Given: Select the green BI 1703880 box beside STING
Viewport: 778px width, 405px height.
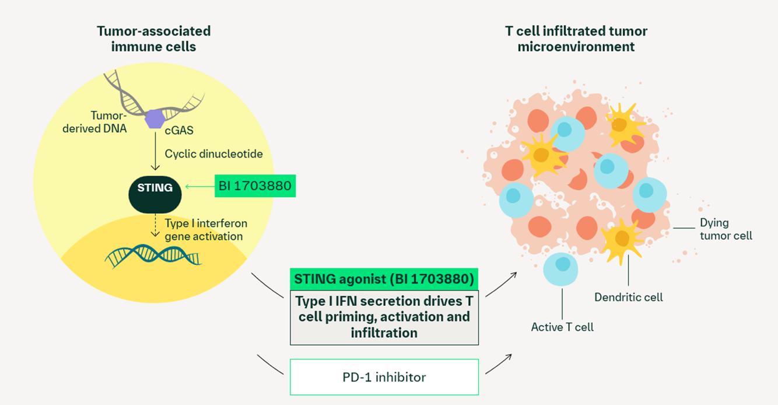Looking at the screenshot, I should pyautogui.click(x=255, y=186).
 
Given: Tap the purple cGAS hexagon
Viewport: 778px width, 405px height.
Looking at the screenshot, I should pyautogui.click(x=155, y=118).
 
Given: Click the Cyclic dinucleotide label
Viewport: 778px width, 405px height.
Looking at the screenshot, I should pyautogui.click(x=213, y=154).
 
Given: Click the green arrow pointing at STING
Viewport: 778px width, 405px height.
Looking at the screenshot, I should pyautogui.click(x=199, y=187).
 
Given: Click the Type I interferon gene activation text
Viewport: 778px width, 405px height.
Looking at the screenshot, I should pyautogui.click(x=205, y=230).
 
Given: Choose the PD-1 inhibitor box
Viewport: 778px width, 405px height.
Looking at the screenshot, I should pyautogui.click(x=384, y=377).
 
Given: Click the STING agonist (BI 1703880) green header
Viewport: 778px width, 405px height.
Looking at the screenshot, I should pyautogui.click(x=384, y=279).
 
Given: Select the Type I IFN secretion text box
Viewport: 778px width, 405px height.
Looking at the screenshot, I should pyautogui.click(x=384, y=317).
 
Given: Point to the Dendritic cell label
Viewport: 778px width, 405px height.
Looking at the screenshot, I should pyautogui.click(x=628, y=297).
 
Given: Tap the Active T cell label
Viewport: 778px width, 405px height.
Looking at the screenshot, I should pyautogui.click(x=562, y=327).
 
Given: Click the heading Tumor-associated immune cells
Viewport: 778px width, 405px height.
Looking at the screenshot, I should pyautogui.click(x=153, y=39).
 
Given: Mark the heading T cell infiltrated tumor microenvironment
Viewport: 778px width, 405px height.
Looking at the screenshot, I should pyautogui.click(x=576, y=39).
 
